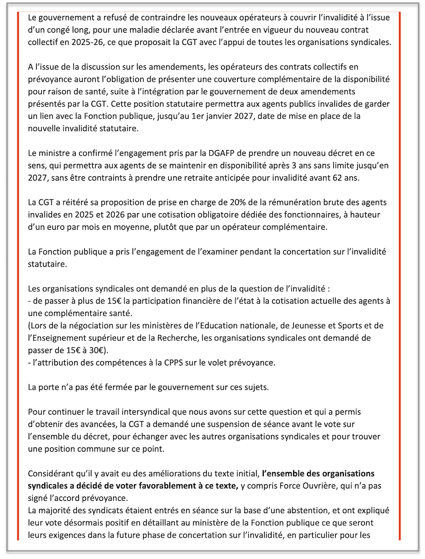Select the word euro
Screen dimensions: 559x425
tap(49, 228)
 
